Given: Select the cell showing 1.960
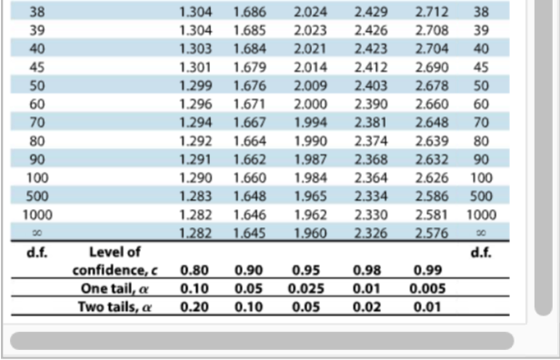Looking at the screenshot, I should point(312,233).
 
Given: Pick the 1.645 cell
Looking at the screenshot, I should point(251,233).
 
